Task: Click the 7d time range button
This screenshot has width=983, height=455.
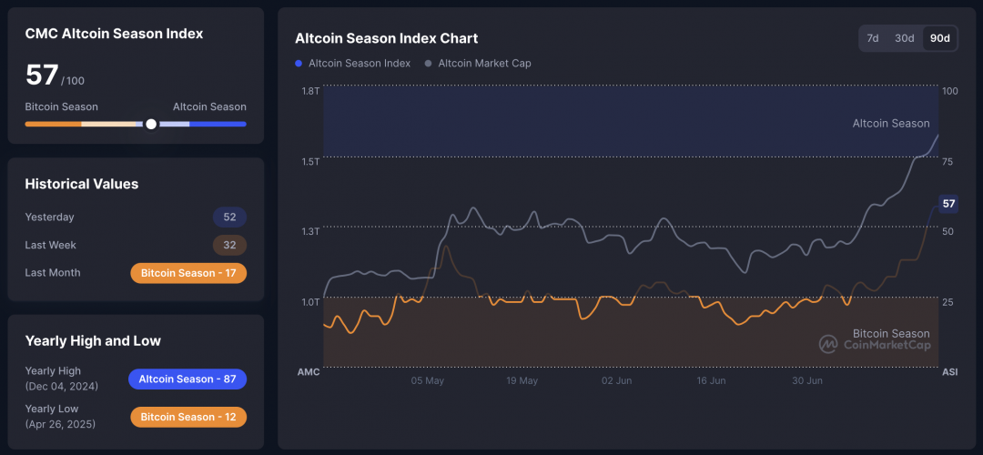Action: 873,38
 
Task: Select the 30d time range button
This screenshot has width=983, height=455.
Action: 904,38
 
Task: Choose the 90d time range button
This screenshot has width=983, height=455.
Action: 938,38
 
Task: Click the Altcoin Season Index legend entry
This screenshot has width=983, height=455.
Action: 359,64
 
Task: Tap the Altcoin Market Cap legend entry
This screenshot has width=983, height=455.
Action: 483,64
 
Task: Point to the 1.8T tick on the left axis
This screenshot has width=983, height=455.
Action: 310,91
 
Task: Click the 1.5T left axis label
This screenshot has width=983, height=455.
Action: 310,161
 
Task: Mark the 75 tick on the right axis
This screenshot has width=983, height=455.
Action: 948,161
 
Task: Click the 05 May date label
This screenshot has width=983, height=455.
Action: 428,380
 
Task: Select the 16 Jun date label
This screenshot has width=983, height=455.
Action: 711,380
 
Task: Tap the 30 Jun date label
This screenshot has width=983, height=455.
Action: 806,380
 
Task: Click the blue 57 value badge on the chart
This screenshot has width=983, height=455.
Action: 948,204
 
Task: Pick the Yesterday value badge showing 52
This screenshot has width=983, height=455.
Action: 229,217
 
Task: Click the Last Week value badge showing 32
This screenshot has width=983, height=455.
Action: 229,245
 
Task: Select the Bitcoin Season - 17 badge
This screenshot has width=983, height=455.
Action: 188,273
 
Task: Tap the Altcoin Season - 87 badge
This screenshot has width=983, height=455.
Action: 187,379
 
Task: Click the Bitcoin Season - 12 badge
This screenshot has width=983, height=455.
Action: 188,417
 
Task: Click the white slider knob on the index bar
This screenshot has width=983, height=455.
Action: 151,124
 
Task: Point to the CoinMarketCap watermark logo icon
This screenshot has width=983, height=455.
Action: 828,344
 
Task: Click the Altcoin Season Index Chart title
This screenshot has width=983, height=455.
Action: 386,38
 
